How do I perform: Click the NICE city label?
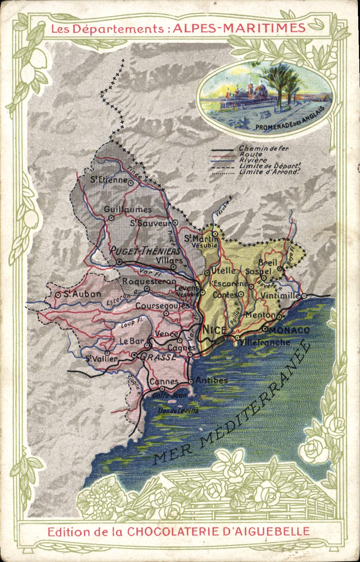(x=214, y=330)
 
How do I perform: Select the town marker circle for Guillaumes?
(x=111, y=218)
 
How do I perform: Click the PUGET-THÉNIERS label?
(x=145, y=251)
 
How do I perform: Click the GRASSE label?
(x=158, y=357)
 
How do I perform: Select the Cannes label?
(x=164, y=381)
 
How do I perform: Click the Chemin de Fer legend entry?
(x=264, y=148)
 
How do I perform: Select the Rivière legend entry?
(x=253, y=160)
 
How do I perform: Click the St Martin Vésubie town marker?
(x=215, y=233)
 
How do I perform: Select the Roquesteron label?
(x=149, y=282)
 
